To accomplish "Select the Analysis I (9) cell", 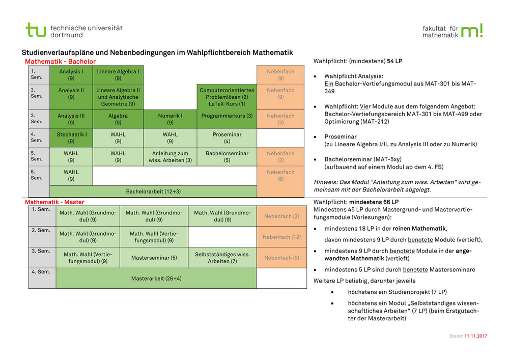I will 71,75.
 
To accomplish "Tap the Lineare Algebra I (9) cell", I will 118,75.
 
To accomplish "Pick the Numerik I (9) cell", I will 170,119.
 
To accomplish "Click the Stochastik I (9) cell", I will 71,138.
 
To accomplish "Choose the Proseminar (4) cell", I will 227,138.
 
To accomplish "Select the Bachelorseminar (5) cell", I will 227,157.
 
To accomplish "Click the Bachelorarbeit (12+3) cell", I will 153,191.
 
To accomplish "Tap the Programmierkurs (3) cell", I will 227,116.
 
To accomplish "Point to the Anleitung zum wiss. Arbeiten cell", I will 170,157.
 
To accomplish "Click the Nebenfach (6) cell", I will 280,176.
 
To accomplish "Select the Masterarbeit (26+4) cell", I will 156,279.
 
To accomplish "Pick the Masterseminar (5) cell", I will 154,258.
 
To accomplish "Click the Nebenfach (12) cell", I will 281,237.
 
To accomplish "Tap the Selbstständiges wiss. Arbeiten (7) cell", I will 222,258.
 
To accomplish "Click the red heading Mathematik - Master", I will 55,202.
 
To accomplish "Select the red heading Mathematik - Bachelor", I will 60,62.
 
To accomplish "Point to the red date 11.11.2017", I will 475,337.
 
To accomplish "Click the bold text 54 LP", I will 394,61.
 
